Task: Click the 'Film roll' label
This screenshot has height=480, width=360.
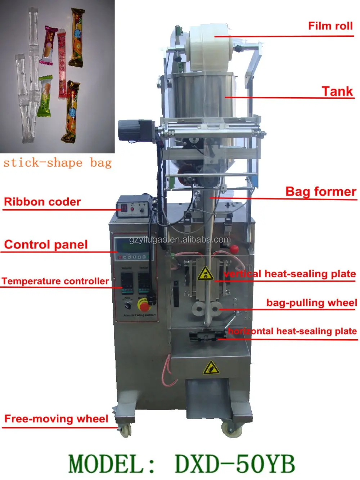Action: point(330,26)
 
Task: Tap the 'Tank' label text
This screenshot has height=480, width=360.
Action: point(337,91)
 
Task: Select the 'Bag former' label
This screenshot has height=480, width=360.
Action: point(320,192)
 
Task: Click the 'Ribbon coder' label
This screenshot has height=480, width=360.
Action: point(42,202)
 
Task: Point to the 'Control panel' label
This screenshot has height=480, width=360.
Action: point(46,245)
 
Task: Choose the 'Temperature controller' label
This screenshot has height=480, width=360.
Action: point(55,281)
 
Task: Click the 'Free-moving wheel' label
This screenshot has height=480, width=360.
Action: point(56,419)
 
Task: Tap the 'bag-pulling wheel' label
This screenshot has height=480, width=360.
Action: point(311,303)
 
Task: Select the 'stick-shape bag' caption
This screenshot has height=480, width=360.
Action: point(58,163)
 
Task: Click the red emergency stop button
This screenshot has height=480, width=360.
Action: point(144,306)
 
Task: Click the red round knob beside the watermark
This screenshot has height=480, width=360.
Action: point(234,248)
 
